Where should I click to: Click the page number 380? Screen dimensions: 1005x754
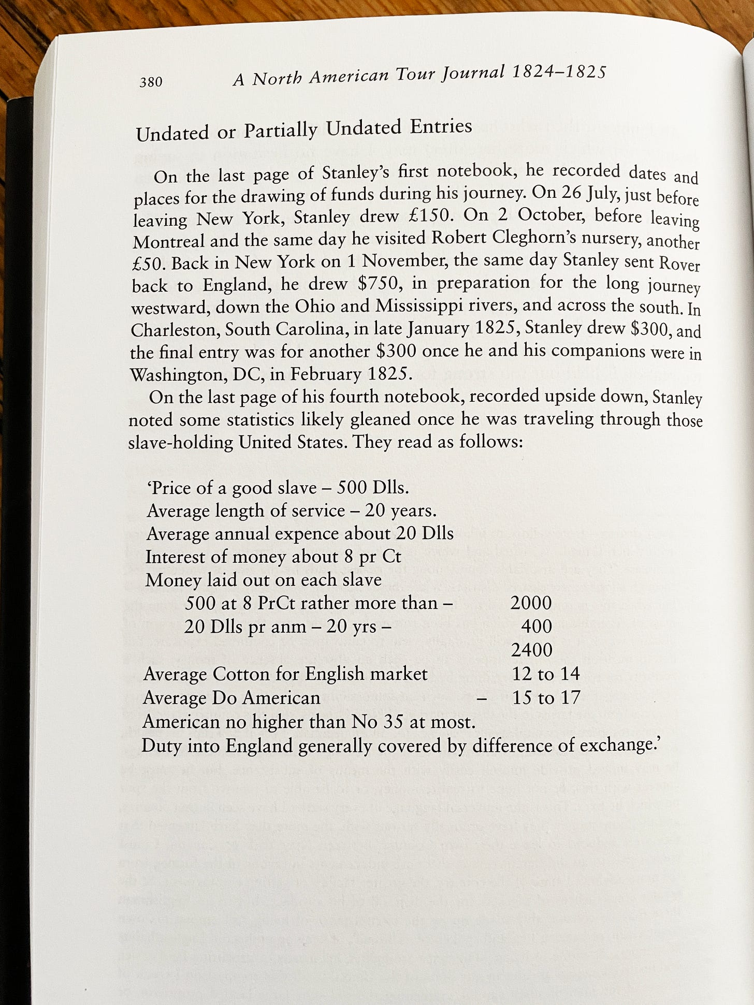click(151, 82)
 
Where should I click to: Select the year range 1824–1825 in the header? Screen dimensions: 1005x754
click(558, 72)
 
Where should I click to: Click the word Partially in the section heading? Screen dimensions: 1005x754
click(280, 130)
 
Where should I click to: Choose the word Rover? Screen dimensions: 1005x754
click(679, 264)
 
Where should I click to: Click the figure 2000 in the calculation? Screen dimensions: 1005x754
click(531, 603)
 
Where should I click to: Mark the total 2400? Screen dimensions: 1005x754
click(531, 650)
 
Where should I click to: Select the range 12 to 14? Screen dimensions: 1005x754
click(546, 674)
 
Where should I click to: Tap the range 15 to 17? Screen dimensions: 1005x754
click(546, 697)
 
